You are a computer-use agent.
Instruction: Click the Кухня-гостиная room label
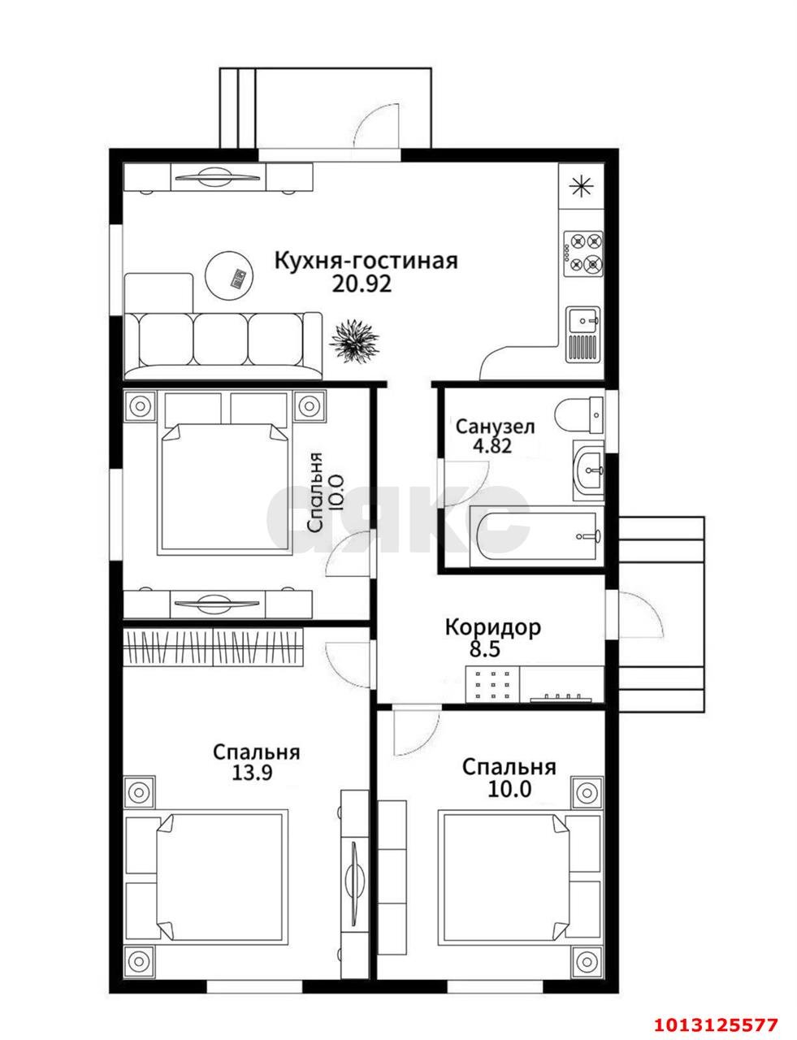tap(366, 261)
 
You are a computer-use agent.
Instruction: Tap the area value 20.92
tap(362, 284)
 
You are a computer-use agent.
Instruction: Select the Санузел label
tap(495, 427)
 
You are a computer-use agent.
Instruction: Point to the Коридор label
tap(493, 627)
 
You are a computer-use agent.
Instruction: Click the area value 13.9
tap(252, 773)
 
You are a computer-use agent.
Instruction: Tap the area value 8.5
tap(485, 649)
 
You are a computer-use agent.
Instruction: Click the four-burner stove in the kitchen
tap(583, 253)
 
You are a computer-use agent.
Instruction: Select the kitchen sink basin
tap(583, 318)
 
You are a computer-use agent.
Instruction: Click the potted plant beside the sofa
tap(355, 340)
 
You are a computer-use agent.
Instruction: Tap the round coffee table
tap(230, 275)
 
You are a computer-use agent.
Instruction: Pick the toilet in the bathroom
tap(578, 415)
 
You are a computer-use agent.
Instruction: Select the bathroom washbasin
tap(588, 470)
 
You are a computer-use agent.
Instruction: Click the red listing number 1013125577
tap(716, 1021)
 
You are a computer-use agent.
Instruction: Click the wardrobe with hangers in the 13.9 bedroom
tap(214, 647)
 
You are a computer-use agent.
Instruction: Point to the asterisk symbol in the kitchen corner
tap(582, 184)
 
